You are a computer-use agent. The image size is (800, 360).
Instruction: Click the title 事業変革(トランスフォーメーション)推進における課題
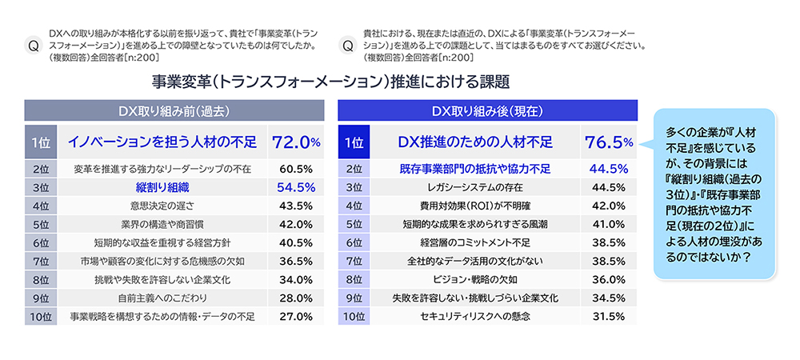click(x=330, y=82)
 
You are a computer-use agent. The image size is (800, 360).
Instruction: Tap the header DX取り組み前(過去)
click(x=174, y=110)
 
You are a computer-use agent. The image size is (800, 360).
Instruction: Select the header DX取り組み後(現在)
click(x=487, y=110)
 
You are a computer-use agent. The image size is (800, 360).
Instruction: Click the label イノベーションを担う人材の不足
click(x=162, y=142)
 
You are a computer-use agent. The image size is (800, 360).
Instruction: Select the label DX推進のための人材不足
click(x=475, y=142)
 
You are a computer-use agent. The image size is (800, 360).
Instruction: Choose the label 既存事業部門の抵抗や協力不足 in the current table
click(x=475, y=169)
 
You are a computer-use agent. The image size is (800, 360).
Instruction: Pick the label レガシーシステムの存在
click(x=475, y=187)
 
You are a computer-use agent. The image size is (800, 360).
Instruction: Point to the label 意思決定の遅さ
click(x=162, y=206)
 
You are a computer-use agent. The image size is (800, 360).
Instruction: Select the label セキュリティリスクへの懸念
click(x=475, y=316)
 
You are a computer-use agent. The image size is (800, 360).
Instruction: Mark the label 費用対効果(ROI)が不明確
click(x=475, y=206)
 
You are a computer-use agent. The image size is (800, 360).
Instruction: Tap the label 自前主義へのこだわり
click(x=162, y=298)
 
